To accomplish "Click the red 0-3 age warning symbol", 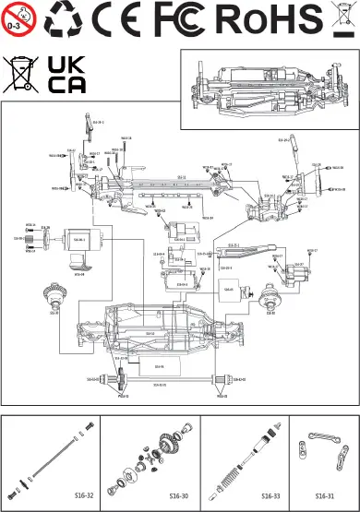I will pyautogui.click(x=18, y=17).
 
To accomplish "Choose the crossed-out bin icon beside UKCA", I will pyautogui.click(x=20, y=74).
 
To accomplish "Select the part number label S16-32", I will pyautogui.click(x=84, y=495).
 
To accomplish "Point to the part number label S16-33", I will pyautogui.click(x=270, y=495).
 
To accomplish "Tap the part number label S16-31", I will pyautogui.click(x=324, y=495).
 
